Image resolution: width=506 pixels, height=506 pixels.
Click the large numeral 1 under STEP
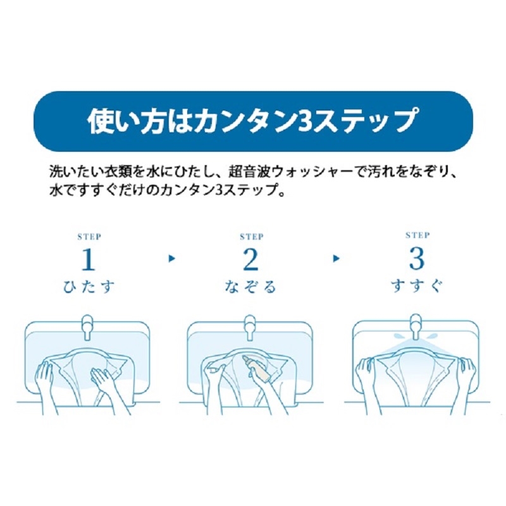(88, 260)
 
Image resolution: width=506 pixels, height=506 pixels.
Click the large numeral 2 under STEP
(250, 260)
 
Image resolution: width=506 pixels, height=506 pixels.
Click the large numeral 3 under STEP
(417, 259)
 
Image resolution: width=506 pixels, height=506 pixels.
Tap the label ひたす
(89, 287)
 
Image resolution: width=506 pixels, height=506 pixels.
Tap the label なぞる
(250, 287)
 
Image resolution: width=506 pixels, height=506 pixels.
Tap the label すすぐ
(417, 286)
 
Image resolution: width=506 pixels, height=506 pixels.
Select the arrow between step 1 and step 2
(172, 259)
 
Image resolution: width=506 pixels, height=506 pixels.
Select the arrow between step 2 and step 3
(336, 259)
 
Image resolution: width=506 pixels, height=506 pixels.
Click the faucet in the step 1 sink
(87, 327)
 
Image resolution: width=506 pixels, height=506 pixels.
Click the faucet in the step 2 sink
(249, 327)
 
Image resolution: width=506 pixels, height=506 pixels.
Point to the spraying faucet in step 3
(415, 327)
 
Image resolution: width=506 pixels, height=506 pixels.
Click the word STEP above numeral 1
(89, 237)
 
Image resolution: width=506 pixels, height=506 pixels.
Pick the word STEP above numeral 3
(417, 236)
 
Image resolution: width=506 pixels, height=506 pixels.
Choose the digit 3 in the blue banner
(304, 121)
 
